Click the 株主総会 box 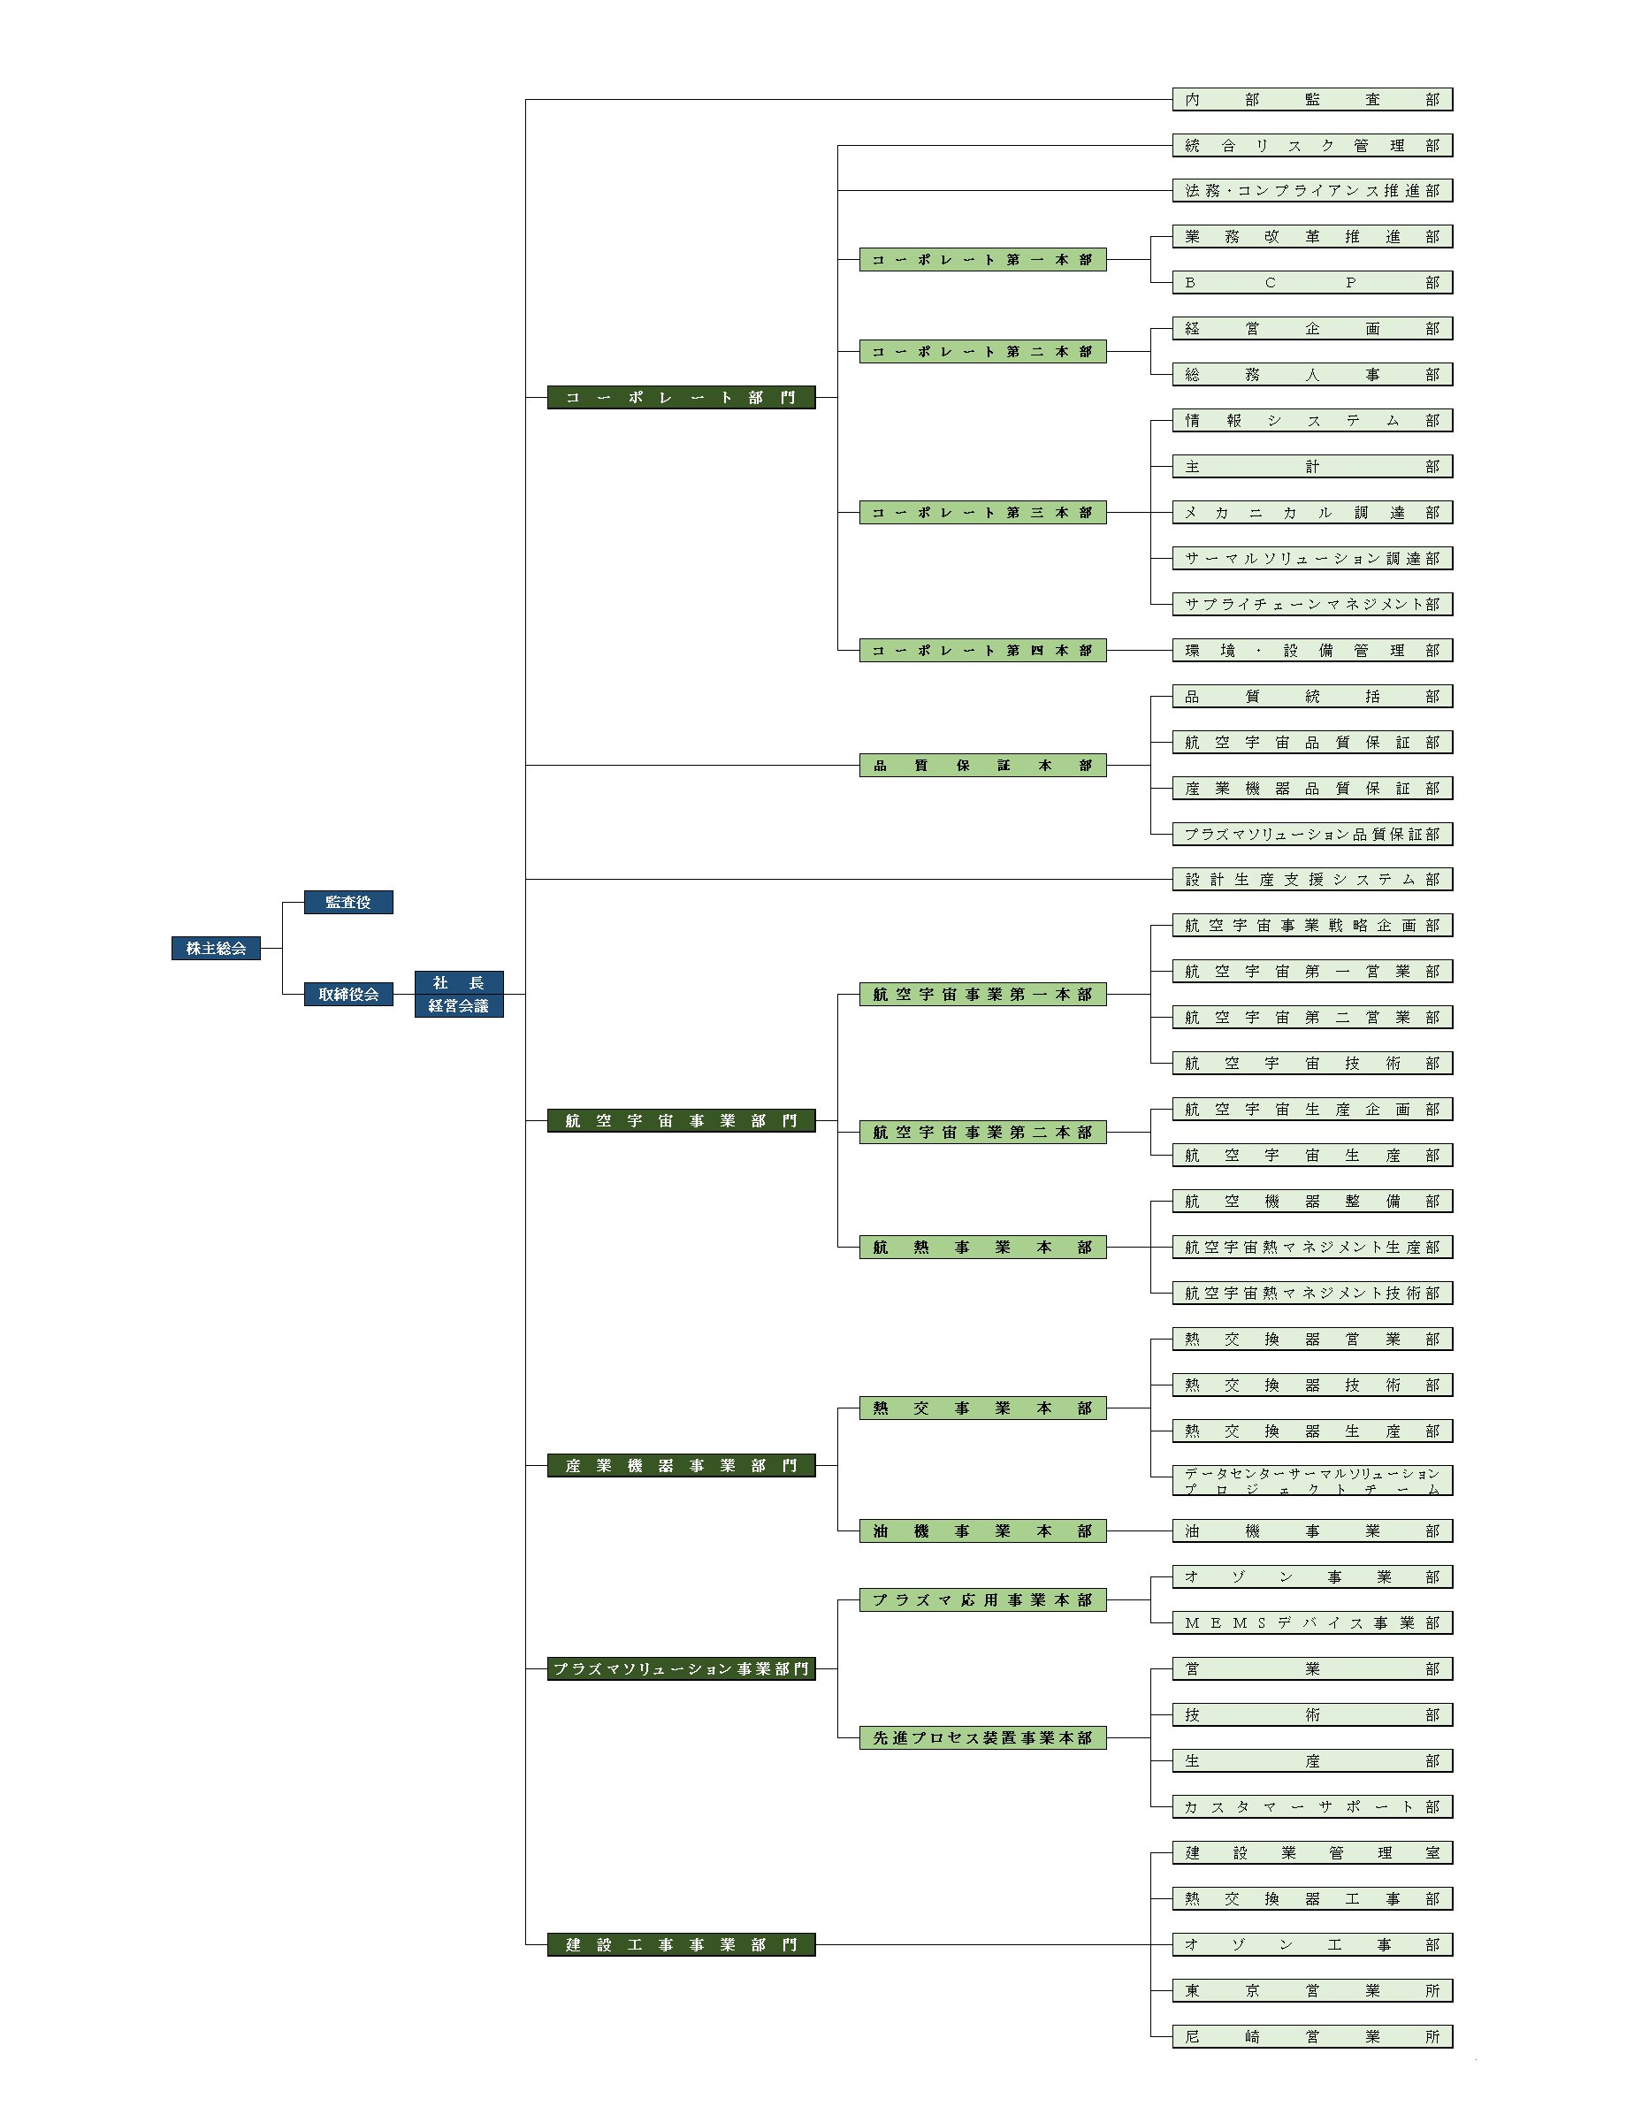[x=216, y=949]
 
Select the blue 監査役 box [x=347, y=903]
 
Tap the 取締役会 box [x=347, y=994]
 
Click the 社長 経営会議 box [x=459, y=994]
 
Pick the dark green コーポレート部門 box [x=681, y=397]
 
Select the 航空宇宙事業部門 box [x=681, y=1121]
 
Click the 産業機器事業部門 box [x=681, y=1465]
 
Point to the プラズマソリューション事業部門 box [x=681, y=1669]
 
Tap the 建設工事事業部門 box [x=681, y=1944]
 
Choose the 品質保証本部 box [x=983, y=766]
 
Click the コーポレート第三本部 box [x=983, y=512]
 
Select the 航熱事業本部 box [x=983, y=1248]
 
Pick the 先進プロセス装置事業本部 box [x=983, y=1737]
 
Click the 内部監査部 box [x=1312, y=99]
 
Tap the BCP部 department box [x=1312, y=283]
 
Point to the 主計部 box [x=1312, y=466]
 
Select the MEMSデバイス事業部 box [x=1312, y=1622]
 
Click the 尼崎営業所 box [x=1312, y=2035]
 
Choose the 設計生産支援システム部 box [x=1312, y=880]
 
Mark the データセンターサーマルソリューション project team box [x=1312, y=1480]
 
